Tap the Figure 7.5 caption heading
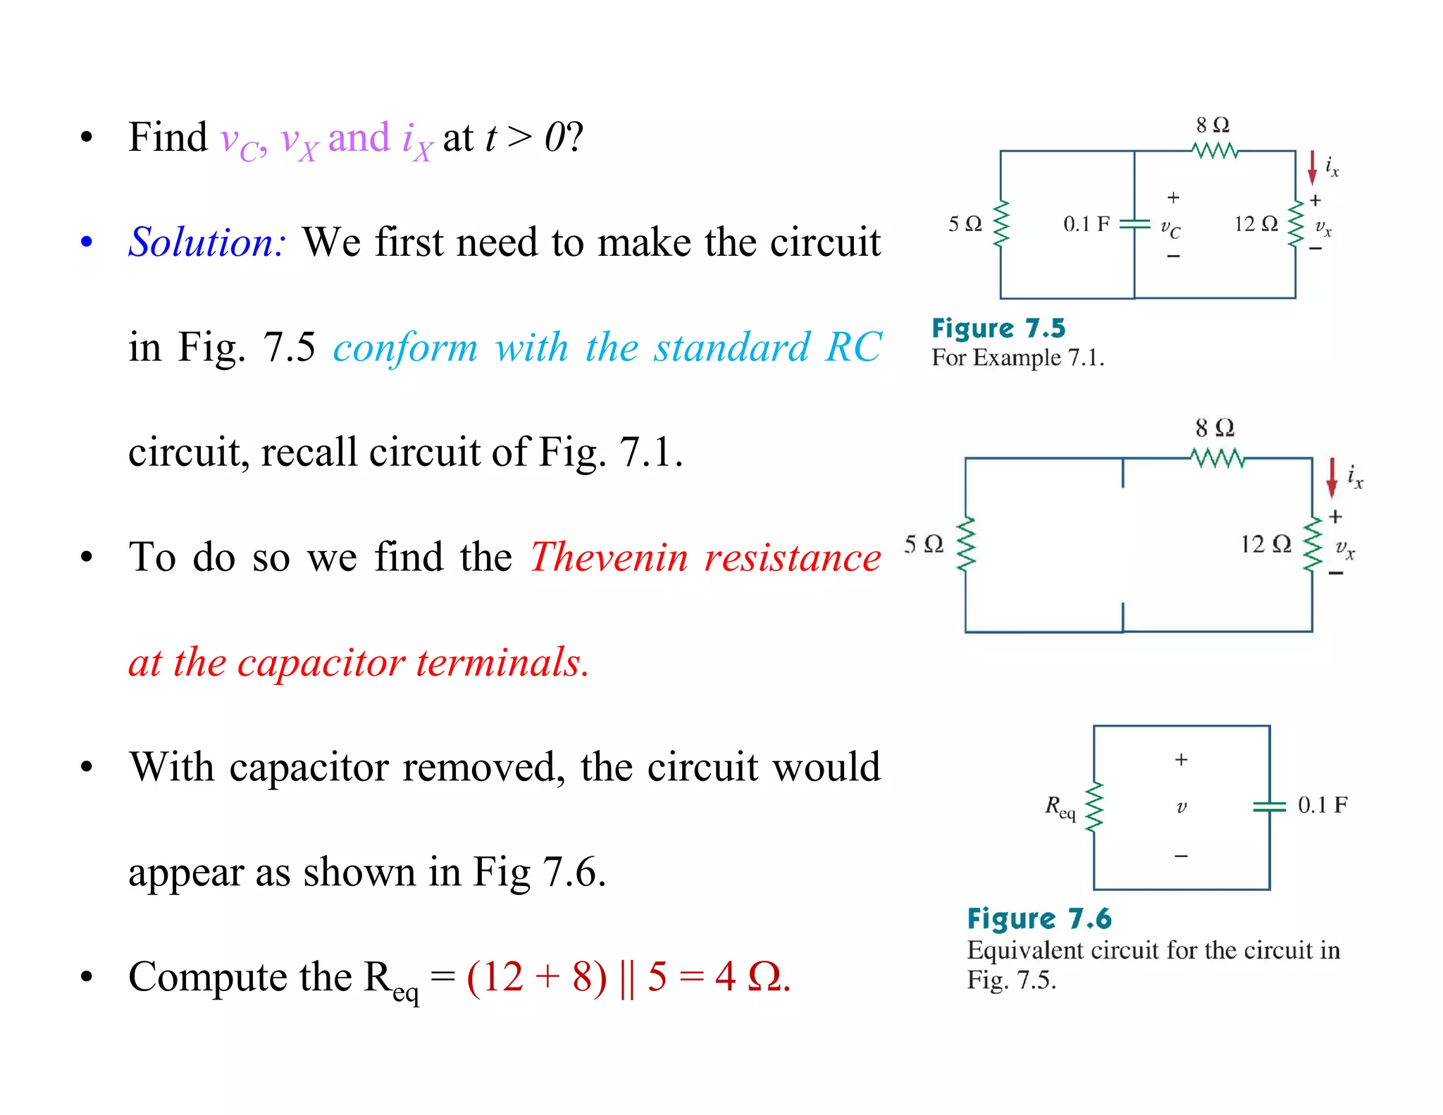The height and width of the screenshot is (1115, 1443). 998,328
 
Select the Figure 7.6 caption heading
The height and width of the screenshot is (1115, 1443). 1039,919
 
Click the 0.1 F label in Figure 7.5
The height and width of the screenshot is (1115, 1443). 1086,224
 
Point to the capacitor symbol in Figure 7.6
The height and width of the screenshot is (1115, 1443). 1270,806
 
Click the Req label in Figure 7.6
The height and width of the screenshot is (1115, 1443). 1060,807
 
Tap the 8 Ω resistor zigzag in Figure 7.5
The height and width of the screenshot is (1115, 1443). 1215,150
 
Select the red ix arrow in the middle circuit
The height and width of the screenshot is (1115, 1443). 1332,477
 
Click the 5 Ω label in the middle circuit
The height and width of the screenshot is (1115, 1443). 923,544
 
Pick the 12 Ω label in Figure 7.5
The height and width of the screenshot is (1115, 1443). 1256,224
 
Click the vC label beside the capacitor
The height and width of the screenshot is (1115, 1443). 1170,228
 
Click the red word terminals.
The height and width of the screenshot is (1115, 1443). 502,663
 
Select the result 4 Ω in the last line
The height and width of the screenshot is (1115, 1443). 751,977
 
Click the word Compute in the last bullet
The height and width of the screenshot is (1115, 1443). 240,978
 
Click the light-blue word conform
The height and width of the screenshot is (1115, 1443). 406,347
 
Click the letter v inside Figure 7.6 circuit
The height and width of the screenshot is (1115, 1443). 1182,807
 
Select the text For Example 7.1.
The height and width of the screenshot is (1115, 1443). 1017,358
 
